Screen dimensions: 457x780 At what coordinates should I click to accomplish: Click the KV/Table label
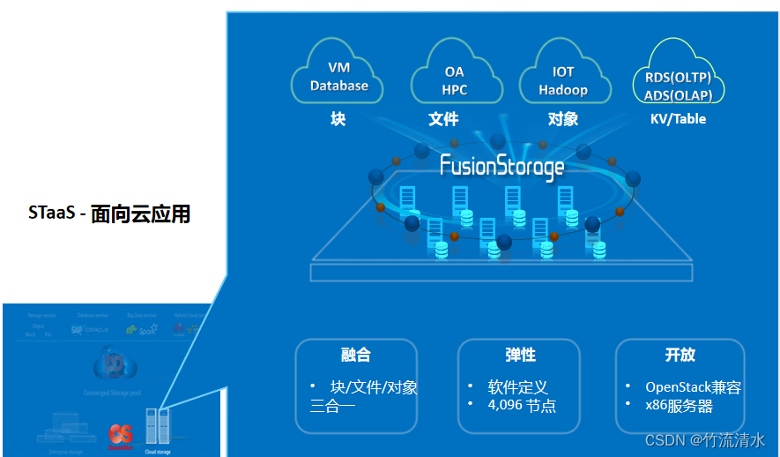(x=677, y=119)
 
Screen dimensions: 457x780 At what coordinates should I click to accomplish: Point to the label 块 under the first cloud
(x=338, y=119)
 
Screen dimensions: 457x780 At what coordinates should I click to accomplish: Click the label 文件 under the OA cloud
(x=443, y=119)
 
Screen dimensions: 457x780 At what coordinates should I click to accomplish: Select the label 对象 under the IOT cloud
(x=563, y=119)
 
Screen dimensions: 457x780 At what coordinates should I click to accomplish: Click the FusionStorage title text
(x=501, y=166)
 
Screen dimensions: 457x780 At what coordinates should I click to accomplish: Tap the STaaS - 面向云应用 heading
(x=109, y=214)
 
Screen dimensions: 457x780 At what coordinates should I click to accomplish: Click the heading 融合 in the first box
(x=355, y=356)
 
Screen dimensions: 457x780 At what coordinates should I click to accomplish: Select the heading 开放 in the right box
(x=680, y=356)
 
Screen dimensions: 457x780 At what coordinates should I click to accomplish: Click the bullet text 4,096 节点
(x=522, y=406)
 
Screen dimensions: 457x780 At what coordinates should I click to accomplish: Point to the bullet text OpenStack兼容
(x=693, y=387)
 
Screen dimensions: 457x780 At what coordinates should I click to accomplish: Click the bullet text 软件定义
(x=518, y=387)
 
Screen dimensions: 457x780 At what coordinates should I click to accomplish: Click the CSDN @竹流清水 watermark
(x=704, y=439)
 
